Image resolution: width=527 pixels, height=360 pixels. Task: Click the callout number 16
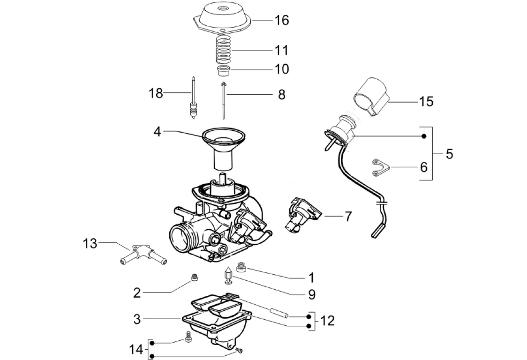[x=282, y=20]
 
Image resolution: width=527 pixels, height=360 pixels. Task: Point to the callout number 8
[x=281, y=95]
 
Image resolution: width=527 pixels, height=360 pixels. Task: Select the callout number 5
[x=449, y=154]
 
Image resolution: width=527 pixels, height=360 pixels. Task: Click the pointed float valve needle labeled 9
[x=228, y=275]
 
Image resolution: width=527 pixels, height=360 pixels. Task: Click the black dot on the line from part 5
[x=423, y=136]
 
